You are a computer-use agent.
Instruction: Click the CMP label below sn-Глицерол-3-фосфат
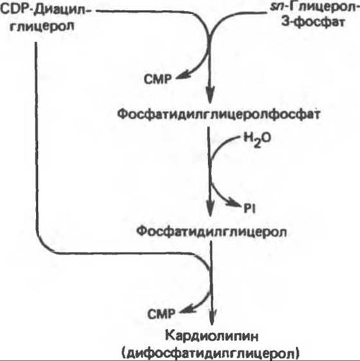click(x=157, y=80)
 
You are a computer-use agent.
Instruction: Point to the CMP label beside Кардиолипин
click(x=161, y=314)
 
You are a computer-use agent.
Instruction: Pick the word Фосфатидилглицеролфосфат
click(x=219, y=114)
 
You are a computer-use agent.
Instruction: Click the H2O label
click(x=257, y=139)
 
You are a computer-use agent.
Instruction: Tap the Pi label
click(x=250, y=209)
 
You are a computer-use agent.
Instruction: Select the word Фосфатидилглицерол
click(x=212, y=231)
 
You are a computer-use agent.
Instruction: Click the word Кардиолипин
click(x=212, y=337)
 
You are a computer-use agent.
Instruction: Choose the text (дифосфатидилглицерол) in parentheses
click(x=210, y=353)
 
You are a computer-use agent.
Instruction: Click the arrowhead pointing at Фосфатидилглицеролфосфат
click(x=210, y=94)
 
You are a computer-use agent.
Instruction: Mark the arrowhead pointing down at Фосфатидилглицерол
click(x=210, y=208)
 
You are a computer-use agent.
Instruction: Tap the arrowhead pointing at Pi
click(x=235, y=203)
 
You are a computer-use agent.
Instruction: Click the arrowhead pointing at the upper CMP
click(x=183, y=76)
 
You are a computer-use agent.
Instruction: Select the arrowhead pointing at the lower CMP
click(x=187, y=311)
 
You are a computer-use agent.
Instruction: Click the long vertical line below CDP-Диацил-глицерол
click(x=36, y=138)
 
